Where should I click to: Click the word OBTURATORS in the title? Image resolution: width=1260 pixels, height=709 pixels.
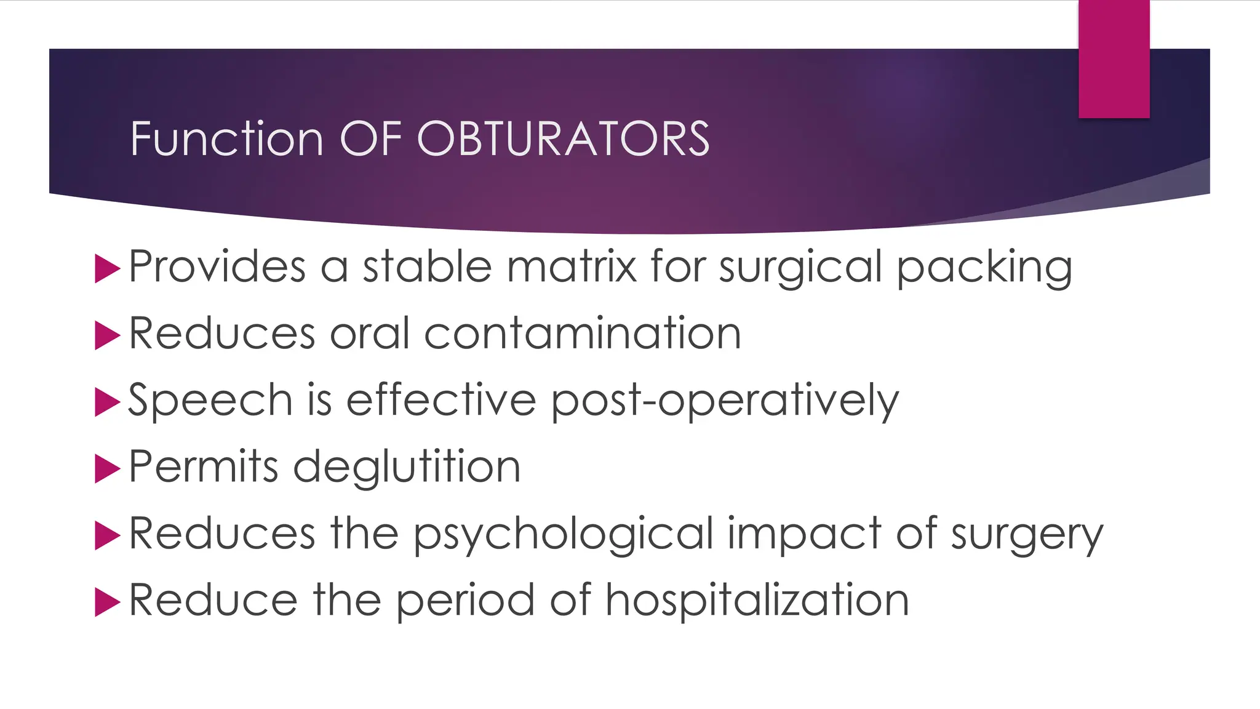[x=563, y=138]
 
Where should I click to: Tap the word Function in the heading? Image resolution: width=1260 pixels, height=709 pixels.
[x=226, y=138]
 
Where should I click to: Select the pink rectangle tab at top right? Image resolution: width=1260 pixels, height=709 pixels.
[x=1114, y=58]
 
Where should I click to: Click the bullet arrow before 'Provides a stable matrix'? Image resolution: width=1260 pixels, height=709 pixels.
[x=107, y=270]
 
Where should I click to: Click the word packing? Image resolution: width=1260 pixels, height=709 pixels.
[x=984, y=268]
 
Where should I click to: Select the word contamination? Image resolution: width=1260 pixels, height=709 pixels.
[x=581, y=334]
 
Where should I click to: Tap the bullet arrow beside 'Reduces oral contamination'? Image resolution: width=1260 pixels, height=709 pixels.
[x=107, y=336]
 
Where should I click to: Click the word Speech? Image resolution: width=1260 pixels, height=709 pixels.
[x=210, y=401]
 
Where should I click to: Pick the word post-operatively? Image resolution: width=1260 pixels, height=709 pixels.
[x=725, y=401]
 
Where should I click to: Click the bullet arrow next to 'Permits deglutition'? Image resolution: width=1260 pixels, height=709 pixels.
[x=107, y=469]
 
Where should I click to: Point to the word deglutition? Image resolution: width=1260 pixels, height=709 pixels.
[x=407, y=467]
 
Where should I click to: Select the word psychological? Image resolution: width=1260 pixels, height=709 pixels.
[x=563, y=534]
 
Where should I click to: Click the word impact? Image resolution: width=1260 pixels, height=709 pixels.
[x=804, y=534]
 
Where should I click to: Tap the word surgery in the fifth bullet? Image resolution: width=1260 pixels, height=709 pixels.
[x=1027, y=534]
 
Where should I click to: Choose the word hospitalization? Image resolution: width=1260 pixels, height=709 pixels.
[x=757, y=600]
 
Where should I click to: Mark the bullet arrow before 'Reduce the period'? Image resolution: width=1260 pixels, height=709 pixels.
[x=107, y=603]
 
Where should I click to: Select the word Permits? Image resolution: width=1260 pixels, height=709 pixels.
[x=204, y=467]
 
